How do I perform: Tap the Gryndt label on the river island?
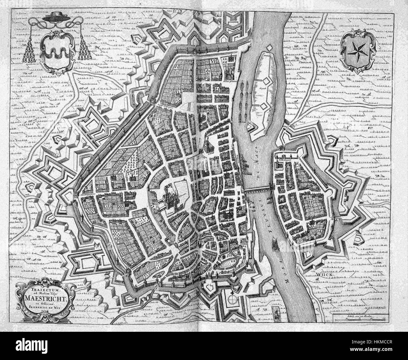click(262, 89)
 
